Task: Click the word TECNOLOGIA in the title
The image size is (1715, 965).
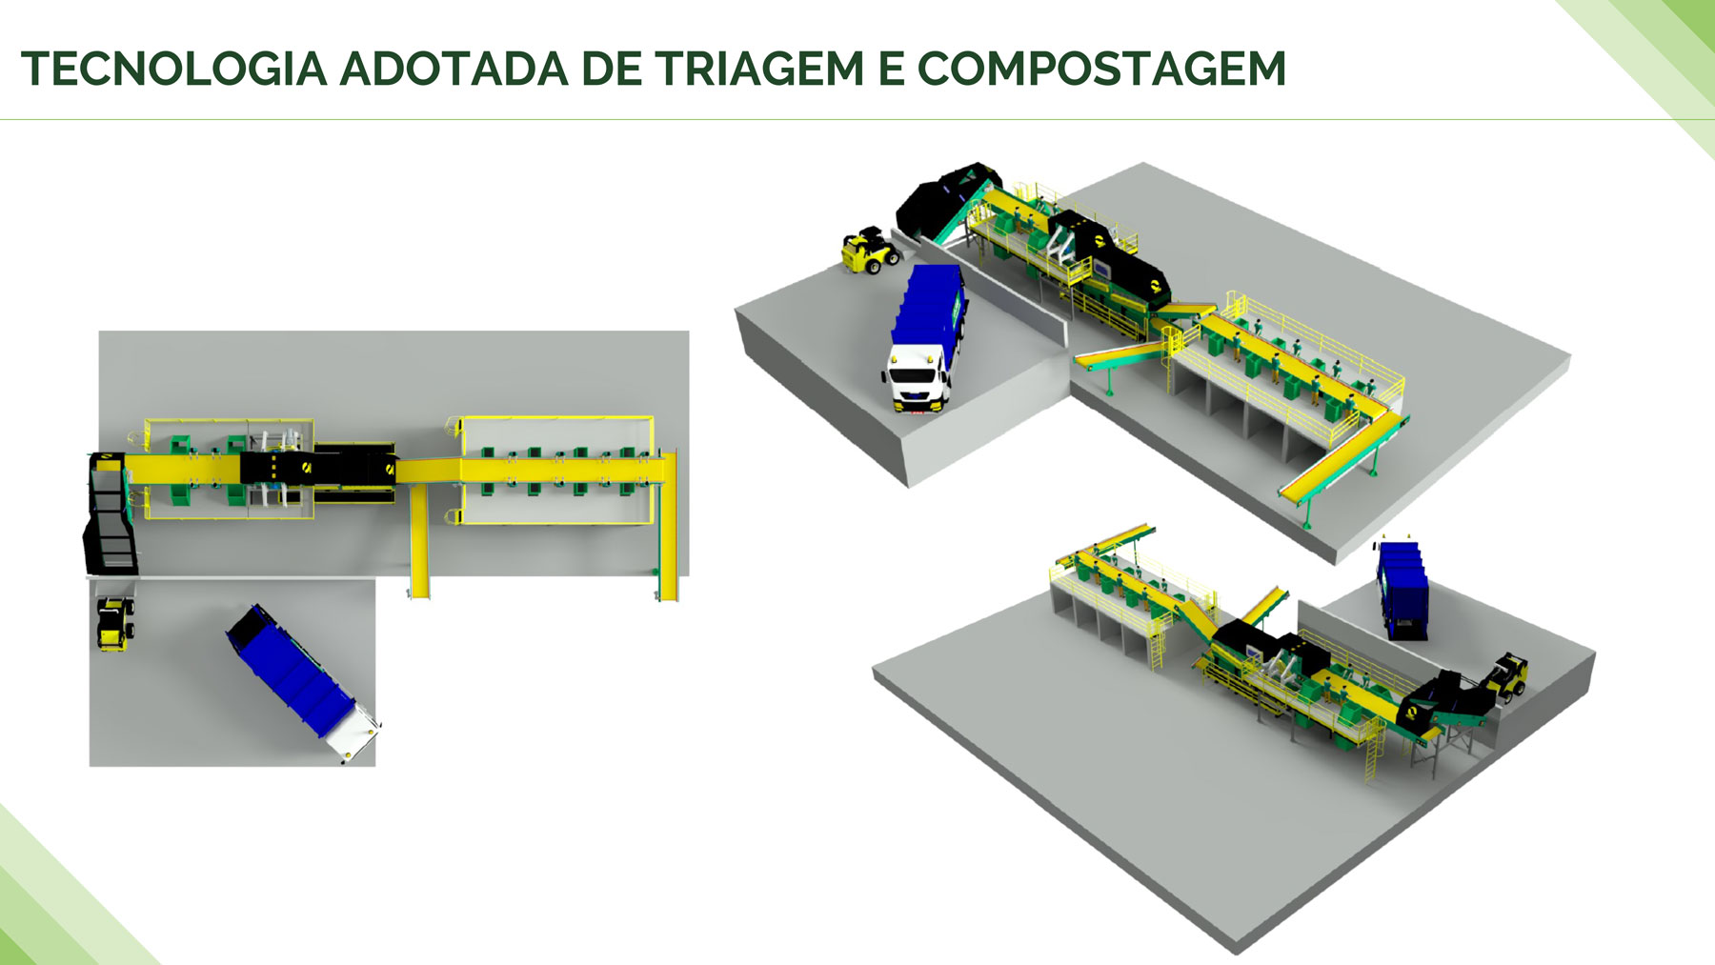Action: point(173,69)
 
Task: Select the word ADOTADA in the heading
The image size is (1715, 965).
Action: point(454,69)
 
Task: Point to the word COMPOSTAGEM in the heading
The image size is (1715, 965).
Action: point(1101,69)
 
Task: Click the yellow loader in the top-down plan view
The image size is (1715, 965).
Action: point(115,624)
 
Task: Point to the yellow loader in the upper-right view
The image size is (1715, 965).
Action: point(870,251)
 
